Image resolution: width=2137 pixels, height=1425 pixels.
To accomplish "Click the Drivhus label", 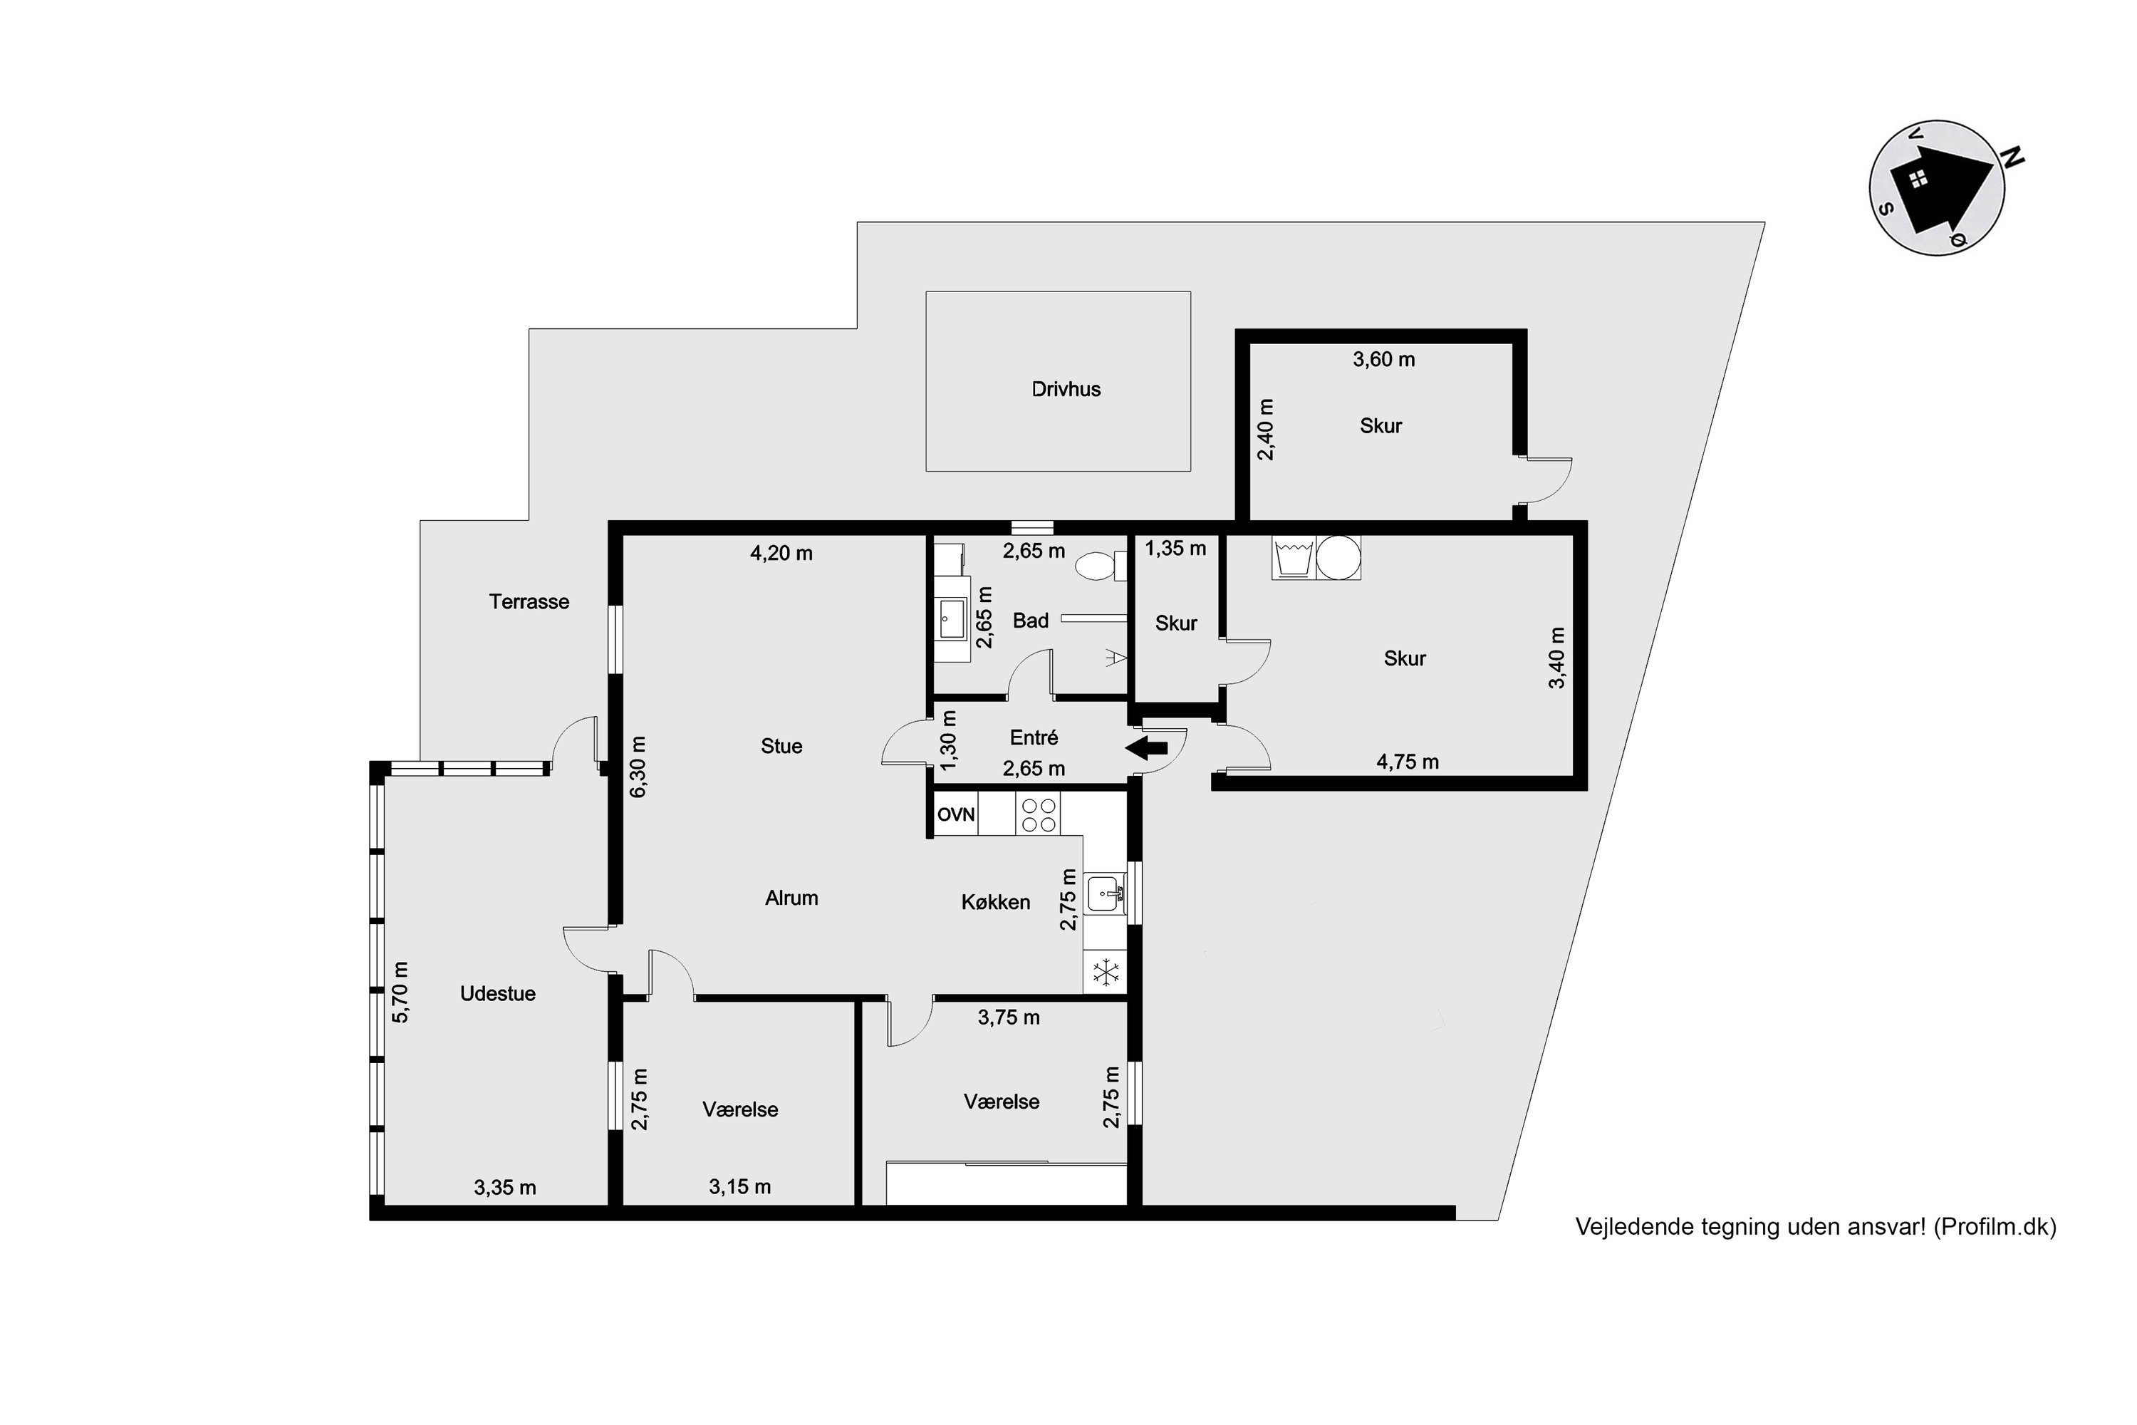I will click(x=1066, y=389).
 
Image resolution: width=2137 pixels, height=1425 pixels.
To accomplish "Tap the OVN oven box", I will click(x=955, y=814).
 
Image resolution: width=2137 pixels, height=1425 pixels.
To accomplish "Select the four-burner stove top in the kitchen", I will click(x=1039, y=814).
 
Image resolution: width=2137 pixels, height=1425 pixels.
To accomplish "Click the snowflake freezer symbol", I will click(x=1106, y=973).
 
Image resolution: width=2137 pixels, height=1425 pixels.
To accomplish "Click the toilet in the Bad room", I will click(x=1097, y=567).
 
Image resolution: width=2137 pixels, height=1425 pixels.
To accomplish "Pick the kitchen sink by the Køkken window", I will click(x=1105, y=894).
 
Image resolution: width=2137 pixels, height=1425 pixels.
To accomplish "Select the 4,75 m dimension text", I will click(x=1408, y=762).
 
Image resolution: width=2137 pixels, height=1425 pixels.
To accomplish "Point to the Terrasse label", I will click(x=529, y=601).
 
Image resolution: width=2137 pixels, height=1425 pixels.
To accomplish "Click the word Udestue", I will click(x=498, y=993).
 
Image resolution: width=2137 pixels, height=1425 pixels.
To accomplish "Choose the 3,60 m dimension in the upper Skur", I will click(x=1384, y=359).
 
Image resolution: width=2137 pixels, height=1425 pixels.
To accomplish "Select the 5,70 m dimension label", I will click(x=400, y=992).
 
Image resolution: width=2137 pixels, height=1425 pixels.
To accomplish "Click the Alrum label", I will click(x=791, y=898).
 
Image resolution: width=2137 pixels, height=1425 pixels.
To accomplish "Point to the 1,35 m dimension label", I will click(x=1176, y=548).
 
